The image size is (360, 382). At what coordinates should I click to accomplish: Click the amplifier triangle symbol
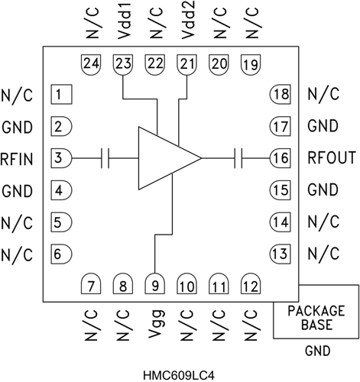point(165,158)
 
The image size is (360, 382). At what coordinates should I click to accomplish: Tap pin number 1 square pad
point(61,95)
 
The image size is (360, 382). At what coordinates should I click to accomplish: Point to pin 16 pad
point(279,158)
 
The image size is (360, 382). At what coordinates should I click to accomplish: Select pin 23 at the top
point(122,65)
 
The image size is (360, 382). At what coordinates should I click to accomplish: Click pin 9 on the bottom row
point(155,286)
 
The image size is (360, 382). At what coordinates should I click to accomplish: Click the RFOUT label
point(332,158)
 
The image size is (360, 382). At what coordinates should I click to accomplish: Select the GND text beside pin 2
point(18,126)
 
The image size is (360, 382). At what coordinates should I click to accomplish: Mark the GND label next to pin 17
point(323,126)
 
